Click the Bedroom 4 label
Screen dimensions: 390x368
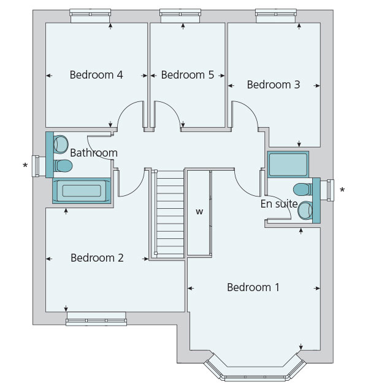pos(96,75)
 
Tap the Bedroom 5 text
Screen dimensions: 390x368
pos(187,75)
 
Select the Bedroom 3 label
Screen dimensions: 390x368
pos(273,85)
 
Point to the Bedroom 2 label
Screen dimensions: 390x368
pos(97,258)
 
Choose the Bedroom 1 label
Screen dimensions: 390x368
pos(253,287)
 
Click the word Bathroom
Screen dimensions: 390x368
pos(93,152)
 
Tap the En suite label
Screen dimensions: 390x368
pos(279,204)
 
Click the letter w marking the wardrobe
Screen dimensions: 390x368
pos(199,212)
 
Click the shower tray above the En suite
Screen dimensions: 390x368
pos(288,165)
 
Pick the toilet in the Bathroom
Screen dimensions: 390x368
pos(63,166)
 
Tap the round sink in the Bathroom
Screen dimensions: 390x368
pos(60,145)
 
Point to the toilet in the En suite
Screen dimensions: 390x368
pos(302,189)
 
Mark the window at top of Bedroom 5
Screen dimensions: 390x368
pos(182,15)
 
